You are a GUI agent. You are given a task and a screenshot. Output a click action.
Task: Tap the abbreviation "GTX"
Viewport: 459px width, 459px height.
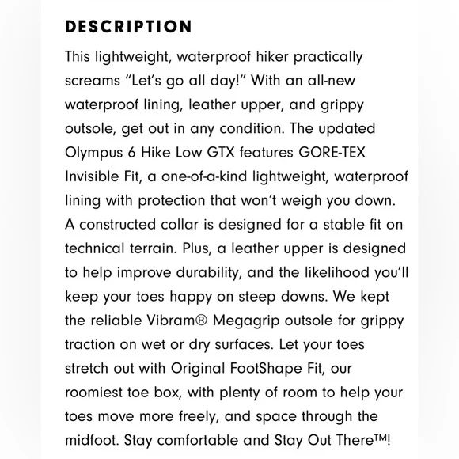point(216,151)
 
